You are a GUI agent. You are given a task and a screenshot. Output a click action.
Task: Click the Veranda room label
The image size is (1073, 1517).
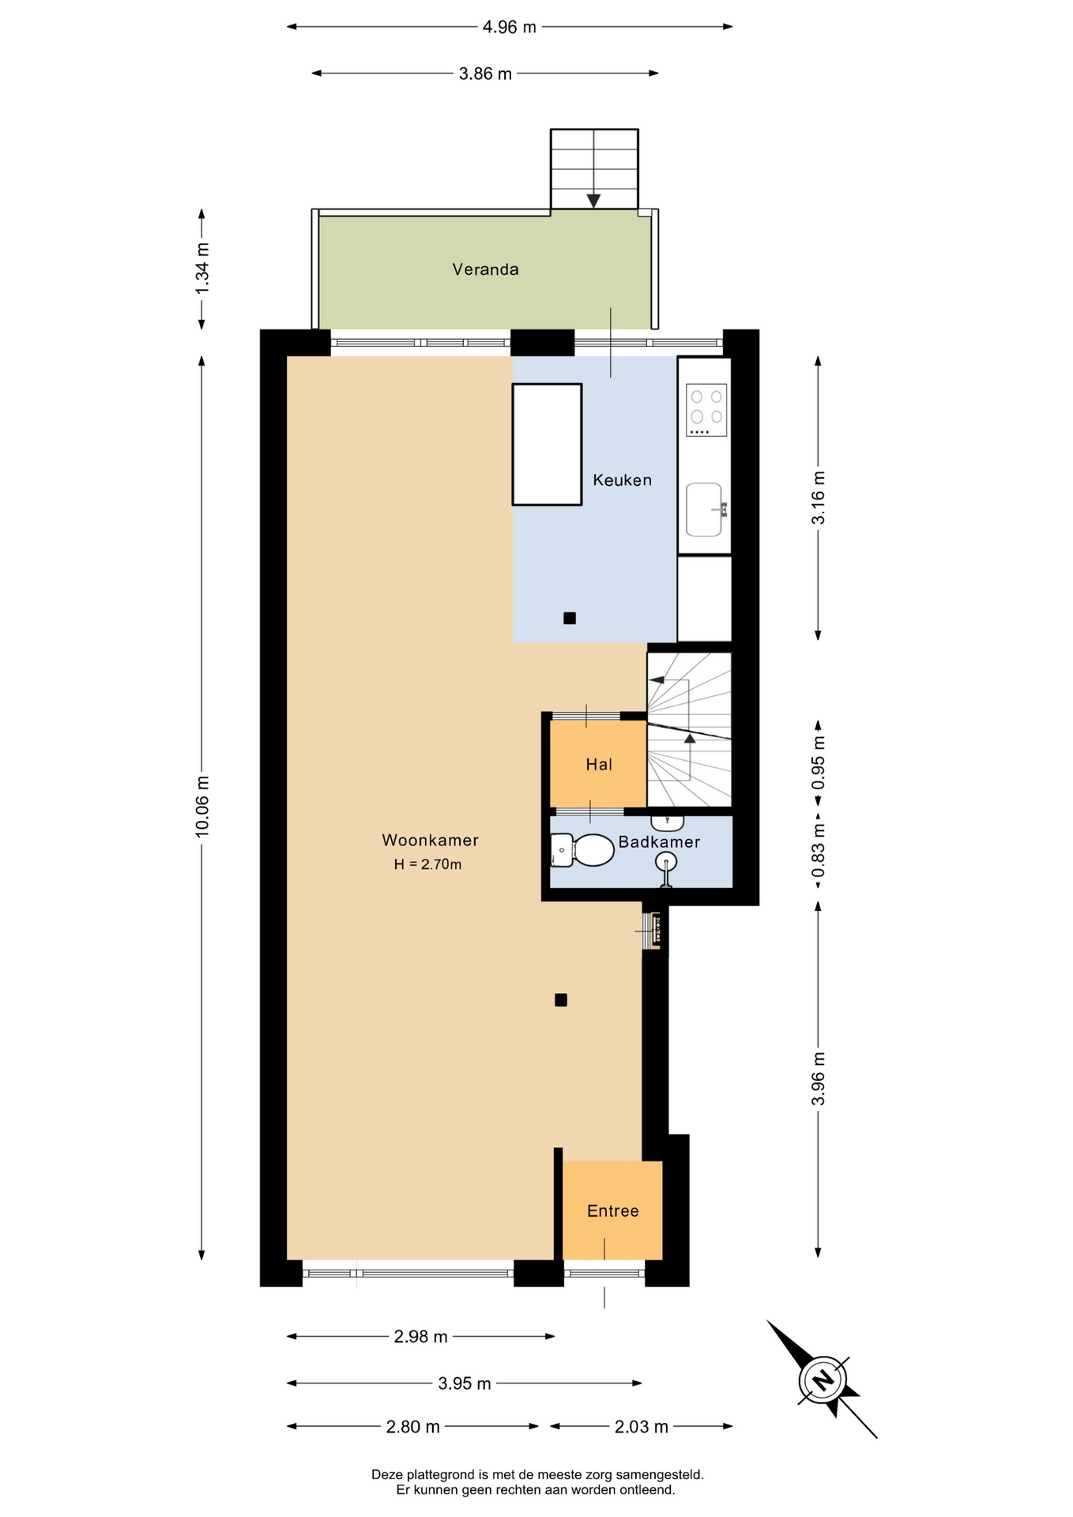(485, 269)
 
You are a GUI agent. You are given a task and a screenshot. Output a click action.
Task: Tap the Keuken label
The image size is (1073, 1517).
(623, 480)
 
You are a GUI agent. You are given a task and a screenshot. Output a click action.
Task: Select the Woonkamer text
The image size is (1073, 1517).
(430, 840)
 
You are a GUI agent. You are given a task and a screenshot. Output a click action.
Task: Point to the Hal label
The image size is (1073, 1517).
(599, 764)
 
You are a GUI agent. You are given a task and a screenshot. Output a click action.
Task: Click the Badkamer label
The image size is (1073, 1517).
(659, 841)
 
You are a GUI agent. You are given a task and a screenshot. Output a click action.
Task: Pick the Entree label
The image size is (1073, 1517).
(613, 1210)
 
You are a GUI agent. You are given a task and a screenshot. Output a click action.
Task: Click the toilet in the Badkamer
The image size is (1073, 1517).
(582, 850)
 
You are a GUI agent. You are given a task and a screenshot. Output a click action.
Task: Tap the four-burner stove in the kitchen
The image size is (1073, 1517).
(706, 409)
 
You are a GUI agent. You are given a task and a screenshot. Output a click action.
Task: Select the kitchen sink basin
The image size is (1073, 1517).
(704, 510)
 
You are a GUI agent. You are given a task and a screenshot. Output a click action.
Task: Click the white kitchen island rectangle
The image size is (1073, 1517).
(547, 444)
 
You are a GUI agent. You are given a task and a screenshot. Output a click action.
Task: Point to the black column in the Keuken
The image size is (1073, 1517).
(570, 619)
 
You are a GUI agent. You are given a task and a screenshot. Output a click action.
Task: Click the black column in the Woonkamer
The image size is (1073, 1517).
(561, 1000)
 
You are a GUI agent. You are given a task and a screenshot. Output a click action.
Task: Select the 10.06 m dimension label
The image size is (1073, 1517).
(202, 805)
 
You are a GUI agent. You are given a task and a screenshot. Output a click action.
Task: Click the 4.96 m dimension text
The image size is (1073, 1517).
(510, 27)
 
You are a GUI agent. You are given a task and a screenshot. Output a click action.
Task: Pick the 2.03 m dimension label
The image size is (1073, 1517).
(642, 1426)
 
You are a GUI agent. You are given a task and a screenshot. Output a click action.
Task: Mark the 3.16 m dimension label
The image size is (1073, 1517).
(819, 498)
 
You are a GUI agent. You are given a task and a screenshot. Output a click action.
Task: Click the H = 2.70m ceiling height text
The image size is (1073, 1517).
(427, 864)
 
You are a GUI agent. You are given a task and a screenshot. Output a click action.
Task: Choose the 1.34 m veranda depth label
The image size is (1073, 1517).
(202, 269)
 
